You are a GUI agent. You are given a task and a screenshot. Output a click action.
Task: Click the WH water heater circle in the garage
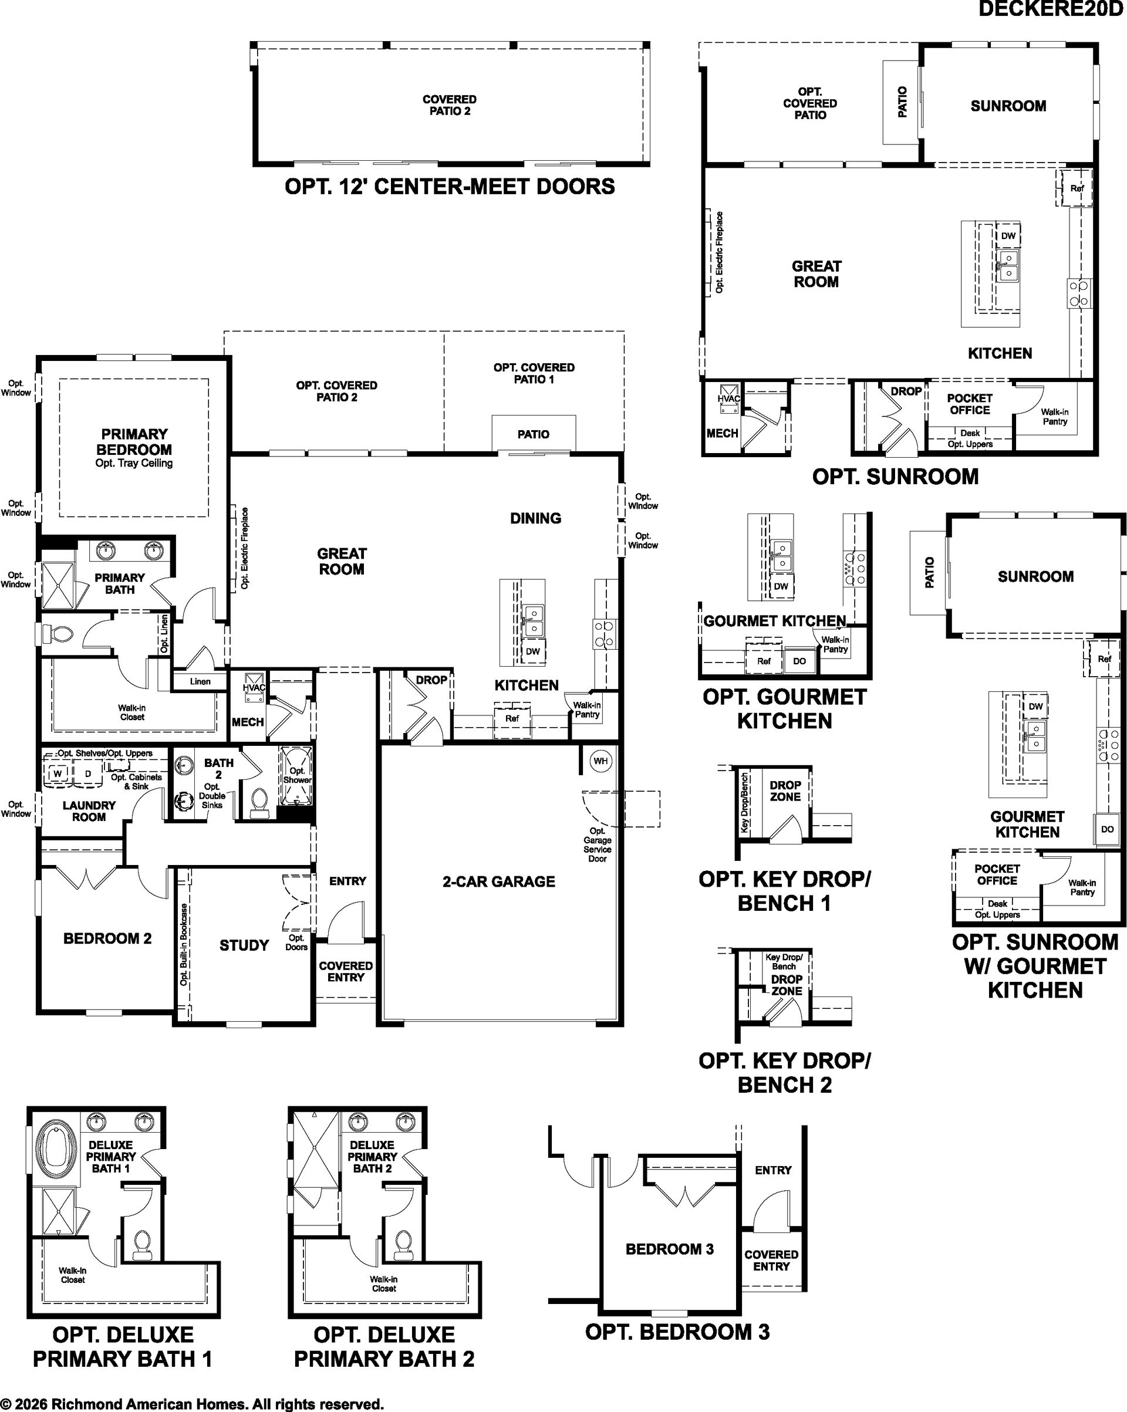600,761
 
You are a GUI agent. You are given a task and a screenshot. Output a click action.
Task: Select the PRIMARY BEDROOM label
134,442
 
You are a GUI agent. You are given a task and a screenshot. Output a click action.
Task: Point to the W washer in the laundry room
58,773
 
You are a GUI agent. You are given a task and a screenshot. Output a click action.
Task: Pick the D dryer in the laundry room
88,773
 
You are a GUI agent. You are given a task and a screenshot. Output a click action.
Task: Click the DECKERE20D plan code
1050,9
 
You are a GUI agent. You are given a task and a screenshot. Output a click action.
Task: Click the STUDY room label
244,945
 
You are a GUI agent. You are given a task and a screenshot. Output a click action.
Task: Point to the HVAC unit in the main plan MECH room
254,687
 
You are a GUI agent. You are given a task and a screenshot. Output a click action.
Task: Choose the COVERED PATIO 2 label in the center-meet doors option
450,106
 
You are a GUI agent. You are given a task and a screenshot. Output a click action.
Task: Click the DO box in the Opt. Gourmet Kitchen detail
799,661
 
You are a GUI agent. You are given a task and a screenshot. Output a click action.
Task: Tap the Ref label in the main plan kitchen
512,718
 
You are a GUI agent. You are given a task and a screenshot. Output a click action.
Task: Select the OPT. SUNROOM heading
895,477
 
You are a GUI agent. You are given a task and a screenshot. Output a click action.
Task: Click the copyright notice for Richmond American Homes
192,1403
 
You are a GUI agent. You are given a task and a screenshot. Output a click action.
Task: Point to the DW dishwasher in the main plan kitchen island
533,651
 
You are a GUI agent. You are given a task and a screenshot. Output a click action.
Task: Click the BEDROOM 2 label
107,938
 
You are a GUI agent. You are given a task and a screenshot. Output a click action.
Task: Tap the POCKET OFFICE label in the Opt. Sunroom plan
970,404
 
